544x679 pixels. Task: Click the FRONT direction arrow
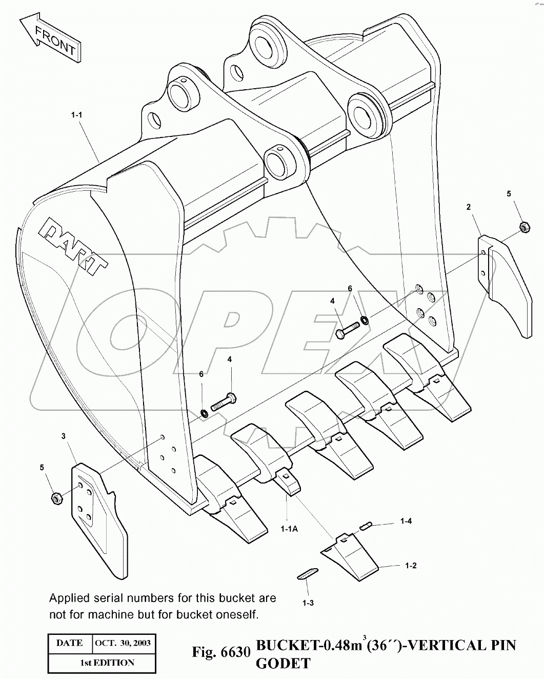(50, 40)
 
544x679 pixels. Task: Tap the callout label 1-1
(76, 115)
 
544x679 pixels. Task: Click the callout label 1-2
(410, 566)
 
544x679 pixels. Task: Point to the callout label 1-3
(308, 603)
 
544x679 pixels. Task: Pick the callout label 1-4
(406, 521)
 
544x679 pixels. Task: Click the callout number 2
(469, 207)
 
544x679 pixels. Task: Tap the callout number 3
(63, 436)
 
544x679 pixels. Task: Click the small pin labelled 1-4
(366, 525)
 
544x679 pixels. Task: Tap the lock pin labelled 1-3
(308, 574)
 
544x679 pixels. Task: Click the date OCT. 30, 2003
(122, 643)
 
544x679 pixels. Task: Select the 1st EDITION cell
(107, 663)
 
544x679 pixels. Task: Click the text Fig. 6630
(221, 652)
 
